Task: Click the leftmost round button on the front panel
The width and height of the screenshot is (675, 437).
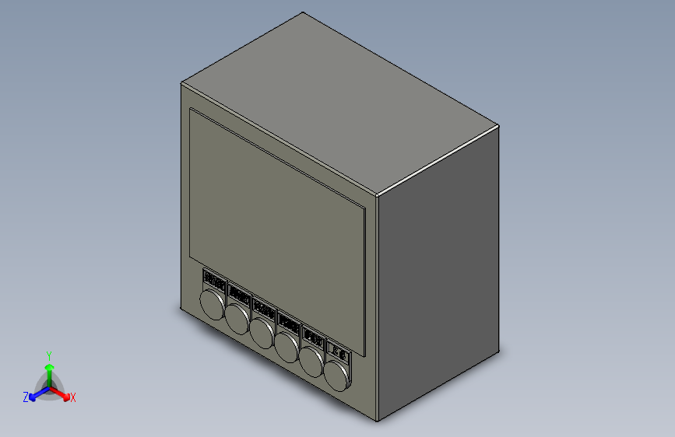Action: [213, 304]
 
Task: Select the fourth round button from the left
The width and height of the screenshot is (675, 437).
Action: [288, 347]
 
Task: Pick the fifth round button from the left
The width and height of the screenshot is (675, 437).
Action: [313, 362]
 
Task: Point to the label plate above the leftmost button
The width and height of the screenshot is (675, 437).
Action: [214, 280]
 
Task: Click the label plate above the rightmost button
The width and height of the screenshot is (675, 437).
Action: [340, 351]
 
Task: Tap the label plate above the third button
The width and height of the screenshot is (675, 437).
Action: [264, 309]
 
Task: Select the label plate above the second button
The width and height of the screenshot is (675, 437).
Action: [239, 295]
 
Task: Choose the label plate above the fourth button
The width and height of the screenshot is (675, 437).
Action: [289, 323]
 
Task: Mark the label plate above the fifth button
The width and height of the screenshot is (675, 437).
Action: [314, 337]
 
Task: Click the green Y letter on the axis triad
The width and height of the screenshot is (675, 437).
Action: [48, 354]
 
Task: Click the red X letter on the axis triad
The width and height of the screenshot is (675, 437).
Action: [73, 398]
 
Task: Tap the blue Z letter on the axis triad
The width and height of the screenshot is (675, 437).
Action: [25, 397]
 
